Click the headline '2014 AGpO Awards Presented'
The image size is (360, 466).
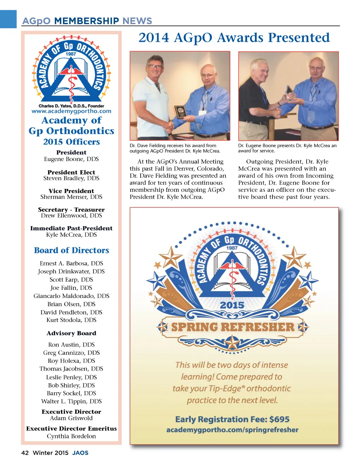pyautogui.click(x=234, y=38)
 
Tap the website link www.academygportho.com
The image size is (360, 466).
pyautogui.click(x=71, y=111)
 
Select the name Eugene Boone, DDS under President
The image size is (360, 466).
pyautogui.click(x=71, y=159)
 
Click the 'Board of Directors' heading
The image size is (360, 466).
pyautogui.click(x=71, y=250)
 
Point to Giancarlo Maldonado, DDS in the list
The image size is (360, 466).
pyautogui.click(x=71, y=296)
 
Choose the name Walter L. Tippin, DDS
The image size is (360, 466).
pyautogui.click(x=71, y=401)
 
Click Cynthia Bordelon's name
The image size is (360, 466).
pyautogui.click(x=71, y=436)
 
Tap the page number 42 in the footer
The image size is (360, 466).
pyautogui.click(x=25, y=453)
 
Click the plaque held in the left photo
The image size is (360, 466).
pyautogui.click(x=181, y=112)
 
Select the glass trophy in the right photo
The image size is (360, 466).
pyautogui.click(x=290, y=92)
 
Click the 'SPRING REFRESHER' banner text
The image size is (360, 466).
pyautogui.click(x=232, y=327)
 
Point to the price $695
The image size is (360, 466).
pyautogui.click(x=279, y=419)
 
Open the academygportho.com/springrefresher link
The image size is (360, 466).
pyautogui.click(x=232, y=430)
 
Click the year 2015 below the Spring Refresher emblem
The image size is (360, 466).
pyautogui.click(x=232, y=305)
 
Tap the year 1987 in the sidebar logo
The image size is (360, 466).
pyautogui.click(x=71, y=54)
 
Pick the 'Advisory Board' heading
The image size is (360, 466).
pyautogui.click(x=71, y=333)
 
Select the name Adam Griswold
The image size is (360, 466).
pyautogui.click(x=71, y=418)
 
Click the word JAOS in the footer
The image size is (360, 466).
pyautogui.click(x=81, y=453)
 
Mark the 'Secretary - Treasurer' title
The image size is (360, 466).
pyautogui.click(x=71, y=210)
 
